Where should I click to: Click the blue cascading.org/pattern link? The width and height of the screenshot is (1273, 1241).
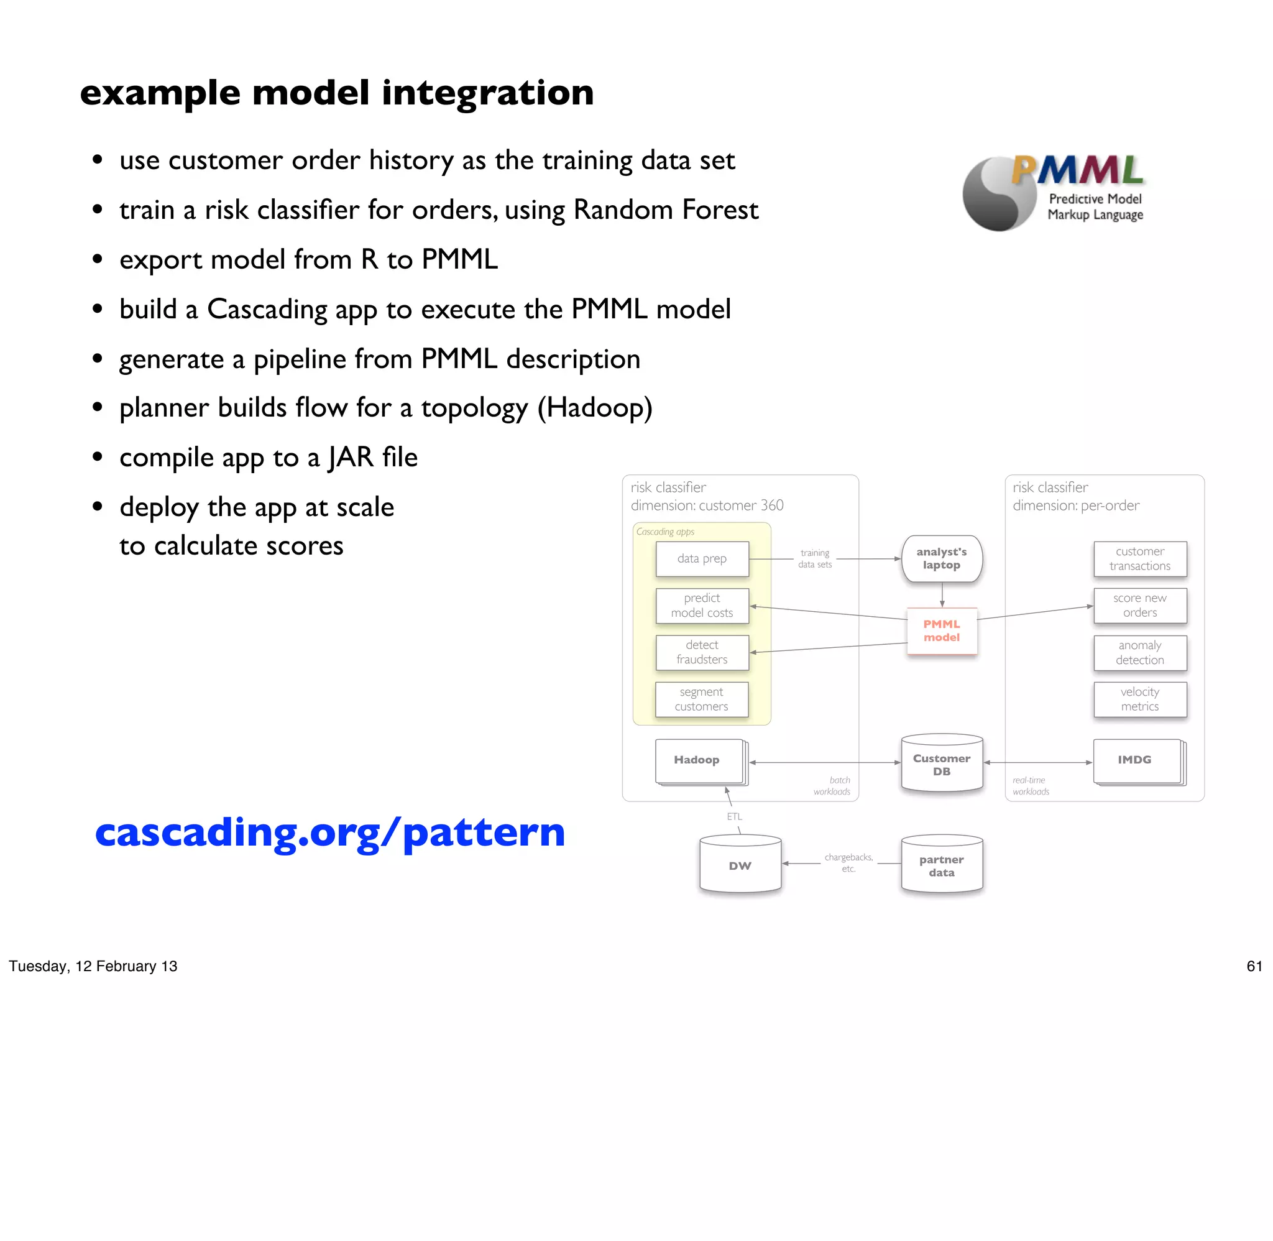(x=329, y=833)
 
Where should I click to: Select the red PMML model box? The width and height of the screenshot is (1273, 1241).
(x=942, y=631)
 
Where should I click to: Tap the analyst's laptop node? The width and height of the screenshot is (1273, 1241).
(x=942, y=558)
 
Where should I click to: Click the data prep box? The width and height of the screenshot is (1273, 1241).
(x=702, y=558)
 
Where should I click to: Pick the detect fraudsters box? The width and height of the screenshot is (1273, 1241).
(x=702, y=652)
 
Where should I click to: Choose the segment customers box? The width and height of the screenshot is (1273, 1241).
(x=701, y=699)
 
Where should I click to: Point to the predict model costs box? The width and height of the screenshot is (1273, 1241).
(x=702, y=606)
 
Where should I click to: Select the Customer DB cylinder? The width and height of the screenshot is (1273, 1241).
(x=942, y=765)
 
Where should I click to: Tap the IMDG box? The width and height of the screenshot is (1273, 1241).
(x=1136, y=760)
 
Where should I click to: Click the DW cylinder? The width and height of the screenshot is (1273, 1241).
(x=740, y=865)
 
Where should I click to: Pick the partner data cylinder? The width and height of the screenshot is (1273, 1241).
(x=942, y=865)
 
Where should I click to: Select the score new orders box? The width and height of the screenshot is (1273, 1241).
(x=1139, y=606)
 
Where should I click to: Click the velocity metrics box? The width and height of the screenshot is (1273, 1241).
(x=1139, y=699)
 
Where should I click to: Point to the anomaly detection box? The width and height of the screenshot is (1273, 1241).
(x=1139, y=652)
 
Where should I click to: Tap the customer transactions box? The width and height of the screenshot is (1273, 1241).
(x=1139, y=558)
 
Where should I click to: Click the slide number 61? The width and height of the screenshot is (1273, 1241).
(x=1254, y=966)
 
